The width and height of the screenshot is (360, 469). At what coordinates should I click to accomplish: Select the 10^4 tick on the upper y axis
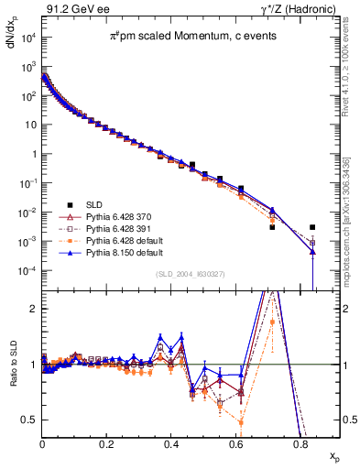coord(28,37)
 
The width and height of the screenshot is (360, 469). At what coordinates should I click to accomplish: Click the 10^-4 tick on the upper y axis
coord(28,271)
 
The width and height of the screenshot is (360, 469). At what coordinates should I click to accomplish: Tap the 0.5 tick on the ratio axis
coord(30,420)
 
